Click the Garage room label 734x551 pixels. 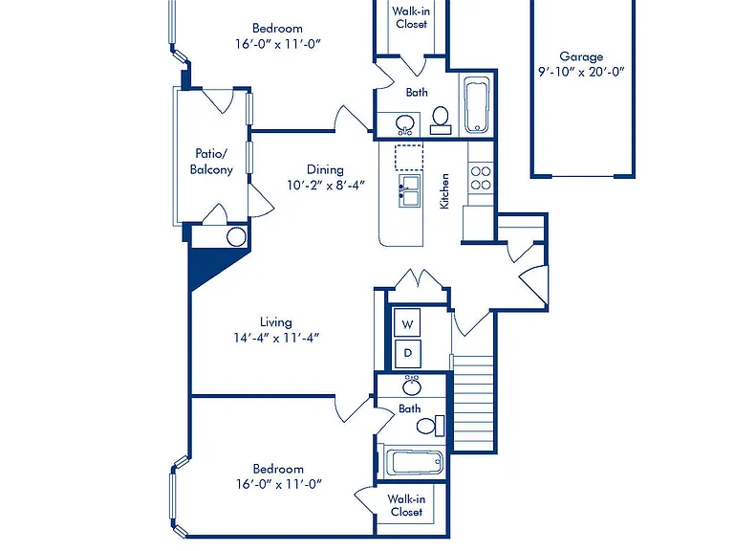point(581,56)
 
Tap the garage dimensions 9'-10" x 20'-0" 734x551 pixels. point(581,72)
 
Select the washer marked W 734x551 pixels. point(407,323)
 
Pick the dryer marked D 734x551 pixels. point(407,353)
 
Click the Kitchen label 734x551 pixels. point(444,191)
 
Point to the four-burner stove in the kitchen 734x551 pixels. point(481,178)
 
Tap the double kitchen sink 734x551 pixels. point(409,190)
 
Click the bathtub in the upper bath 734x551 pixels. point(477,105)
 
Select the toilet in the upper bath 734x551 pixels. point(441,121)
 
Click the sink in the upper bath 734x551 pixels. point(405,124)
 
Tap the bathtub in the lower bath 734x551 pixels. point(415,462)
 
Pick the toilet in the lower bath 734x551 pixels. point(430,426)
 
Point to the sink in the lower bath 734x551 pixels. point(412,386)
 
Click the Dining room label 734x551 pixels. point(325,169)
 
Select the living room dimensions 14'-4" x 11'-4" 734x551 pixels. point(276,338)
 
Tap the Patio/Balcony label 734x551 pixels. point(211,162)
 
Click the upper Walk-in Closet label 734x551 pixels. point(411,17)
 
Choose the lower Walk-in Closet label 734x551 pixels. point(406,505)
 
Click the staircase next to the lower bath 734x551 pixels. point(474,404)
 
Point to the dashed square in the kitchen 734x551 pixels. point(409,158)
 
